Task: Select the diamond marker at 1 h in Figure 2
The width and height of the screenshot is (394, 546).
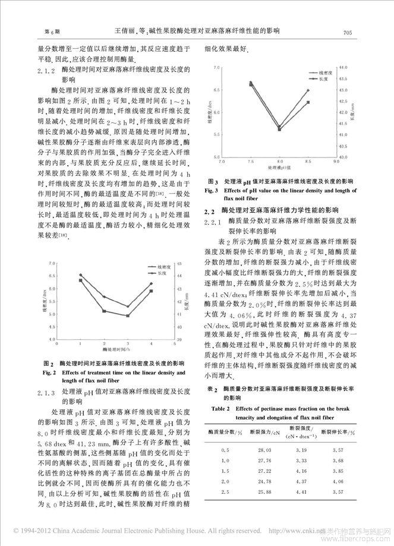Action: [80, 274]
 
